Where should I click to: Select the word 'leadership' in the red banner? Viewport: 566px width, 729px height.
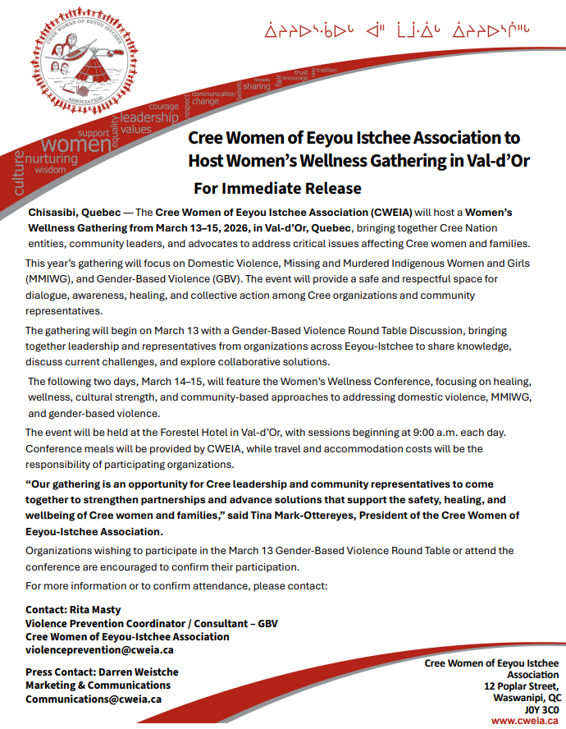pos(149,117)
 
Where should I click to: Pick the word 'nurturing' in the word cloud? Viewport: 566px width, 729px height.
pos(51,158)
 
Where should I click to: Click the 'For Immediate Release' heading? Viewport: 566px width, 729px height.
pos(277,188)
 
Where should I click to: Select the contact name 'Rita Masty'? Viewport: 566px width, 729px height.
pos(97,610)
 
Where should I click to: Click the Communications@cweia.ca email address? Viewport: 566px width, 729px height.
pos(94,699)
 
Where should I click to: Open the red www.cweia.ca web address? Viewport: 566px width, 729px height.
pos(525,720)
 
